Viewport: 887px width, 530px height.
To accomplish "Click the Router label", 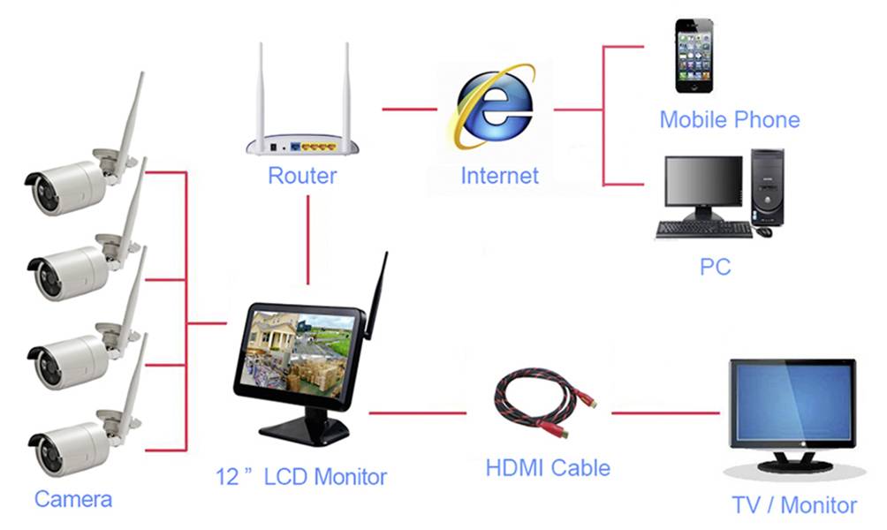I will (x=302, y=175).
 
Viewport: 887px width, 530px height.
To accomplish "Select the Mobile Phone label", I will (x=729, y=119).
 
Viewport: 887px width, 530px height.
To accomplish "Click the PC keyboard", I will (x=703, y=230).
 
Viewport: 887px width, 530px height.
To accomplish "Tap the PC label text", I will (x=715, y=266).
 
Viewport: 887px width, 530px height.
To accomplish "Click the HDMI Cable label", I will (x=548, y=466).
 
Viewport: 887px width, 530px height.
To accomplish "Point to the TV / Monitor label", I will (x=794, y=505).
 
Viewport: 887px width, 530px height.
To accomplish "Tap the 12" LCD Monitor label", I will (x=301, y=477).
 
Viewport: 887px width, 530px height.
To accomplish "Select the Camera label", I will (x=73, y=499).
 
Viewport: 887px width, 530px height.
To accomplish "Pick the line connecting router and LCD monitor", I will (x=308, y=238).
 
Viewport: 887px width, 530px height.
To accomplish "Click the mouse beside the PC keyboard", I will (x=764, y=231).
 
